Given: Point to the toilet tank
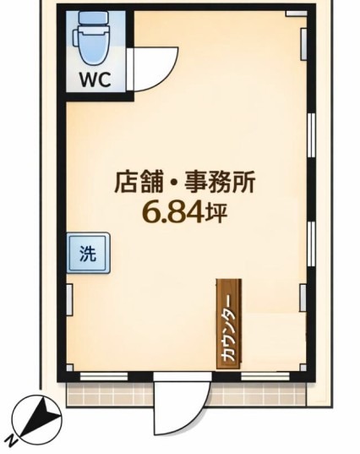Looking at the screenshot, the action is coord(94,19).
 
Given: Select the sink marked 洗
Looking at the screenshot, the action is coord(89,253).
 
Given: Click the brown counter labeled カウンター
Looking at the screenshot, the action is coord(229,324).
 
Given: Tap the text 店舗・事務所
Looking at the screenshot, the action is coord(184,183).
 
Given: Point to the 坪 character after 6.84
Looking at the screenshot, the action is coord(215,213).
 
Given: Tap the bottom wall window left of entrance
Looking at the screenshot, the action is coord(104,377).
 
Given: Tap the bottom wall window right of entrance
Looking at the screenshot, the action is coord(265,376).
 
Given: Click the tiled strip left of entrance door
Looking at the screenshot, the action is coord(110,395).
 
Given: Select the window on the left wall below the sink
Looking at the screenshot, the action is coord(69,299).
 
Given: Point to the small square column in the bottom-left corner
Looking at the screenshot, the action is coord(70,368).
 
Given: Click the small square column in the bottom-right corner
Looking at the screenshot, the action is coord(303,368).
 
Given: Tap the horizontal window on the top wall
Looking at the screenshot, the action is coord(297,14).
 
